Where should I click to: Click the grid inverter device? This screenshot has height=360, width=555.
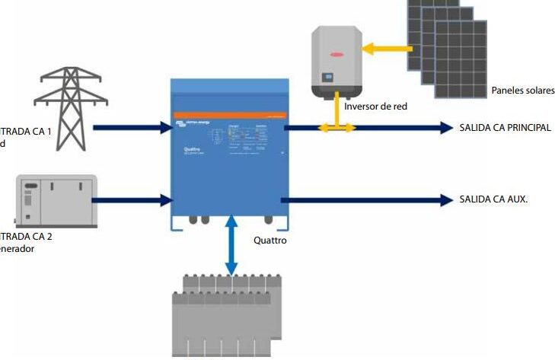(335, 61)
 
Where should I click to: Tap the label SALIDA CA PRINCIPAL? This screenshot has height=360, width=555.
(505, 128)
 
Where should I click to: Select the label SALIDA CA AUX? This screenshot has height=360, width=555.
(493, 199)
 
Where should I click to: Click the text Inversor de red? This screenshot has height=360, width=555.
(375, 106)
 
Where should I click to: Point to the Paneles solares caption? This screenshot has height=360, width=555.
(523, 91)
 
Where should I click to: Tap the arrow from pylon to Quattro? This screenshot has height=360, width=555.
(133, 128)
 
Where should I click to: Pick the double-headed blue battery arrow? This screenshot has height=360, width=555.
(231, 245)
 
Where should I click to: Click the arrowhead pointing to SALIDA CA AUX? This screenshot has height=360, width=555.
(445, 200)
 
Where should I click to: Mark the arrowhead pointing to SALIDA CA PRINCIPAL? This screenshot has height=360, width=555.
(445, 128)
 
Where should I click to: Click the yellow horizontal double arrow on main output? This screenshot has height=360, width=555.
(336, 129)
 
